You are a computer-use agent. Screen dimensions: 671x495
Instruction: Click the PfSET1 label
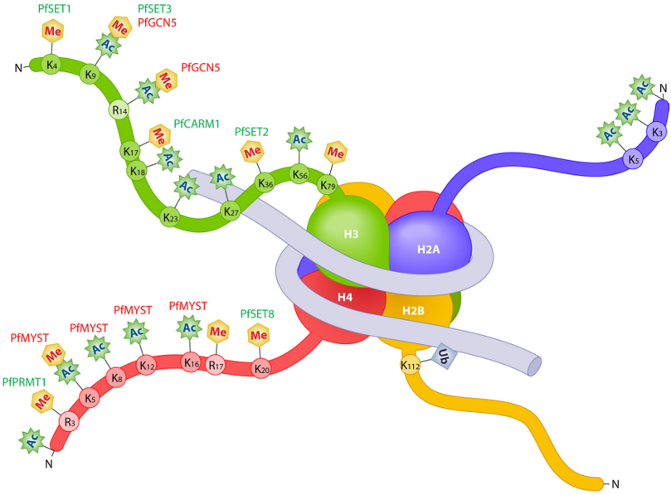coord(55,8)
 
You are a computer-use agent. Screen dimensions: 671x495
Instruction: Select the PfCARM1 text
coord(197,124)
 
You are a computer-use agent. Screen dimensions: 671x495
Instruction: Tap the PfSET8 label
coord(257,314)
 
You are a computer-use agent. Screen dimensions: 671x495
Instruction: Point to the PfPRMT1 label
coord(24,382)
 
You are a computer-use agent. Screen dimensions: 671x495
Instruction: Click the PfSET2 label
coord(251,132)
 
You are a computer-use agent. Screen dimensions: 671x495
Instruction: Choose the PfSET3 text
coord(154,8)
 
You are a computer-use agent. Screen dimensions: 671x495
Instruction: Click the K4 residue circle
coord(51,65)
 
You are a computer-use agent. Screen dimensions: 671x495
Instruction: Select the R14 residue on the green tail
coord(119,110)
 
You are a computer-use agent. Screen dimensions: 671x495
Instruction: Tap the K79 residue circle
coord(328,185)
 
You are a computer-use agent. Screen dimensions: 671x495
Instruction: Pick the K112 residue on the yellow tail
coord(410,366)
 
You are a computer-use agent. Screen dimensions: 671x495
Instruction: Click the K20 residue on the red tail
coord(261,368)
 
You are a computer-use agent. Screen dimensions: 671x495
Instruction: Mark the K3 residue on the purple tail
coord(657,132)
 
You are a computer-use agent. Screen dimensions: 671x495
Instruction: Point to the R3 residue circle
coord(70,422)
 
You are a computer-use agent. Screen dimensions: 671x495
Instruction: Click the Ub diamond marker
coord(444,356)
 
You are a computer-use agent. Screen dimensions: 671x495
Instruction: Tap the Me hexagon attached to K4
coord(52,32)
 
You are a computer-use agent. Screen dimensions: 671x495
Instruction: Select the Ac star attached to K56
coord(299,139)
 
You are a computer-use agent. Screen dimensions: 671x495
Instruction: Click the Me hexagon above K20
coord(259,335)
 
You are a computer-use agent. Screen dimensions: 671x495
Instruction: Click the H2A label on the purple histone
coord(428,250)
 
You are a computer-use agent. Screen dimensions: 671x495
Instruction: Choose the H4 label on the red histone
coord(345,297)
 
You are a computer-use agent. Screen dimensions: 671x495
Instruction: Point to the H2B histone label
coord(413,310)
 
